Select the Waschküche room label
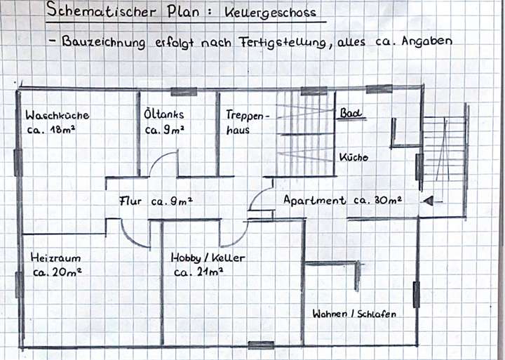(x=58, y=115)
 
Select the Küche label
(x=353, y=158)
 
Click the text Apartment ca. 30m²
(x=342, y=201)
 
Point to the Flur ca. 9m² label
(x=156, y=201)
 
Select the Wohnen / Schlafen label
(x=353, y=314)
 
